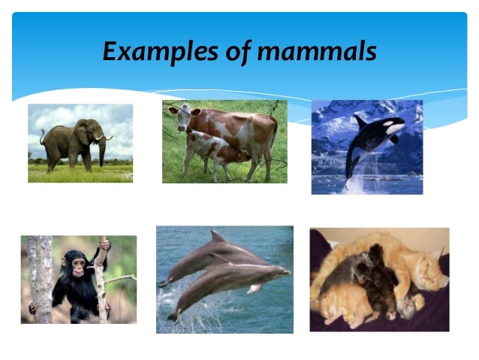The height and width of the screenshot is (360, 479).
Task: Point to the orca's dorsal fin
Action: click(360, 119)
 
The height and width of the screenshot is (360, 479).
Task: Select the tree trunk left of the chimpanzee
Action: click(40, 278)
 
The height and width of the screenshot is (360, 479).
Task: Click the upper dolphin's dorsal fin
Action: click(217, 236)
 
